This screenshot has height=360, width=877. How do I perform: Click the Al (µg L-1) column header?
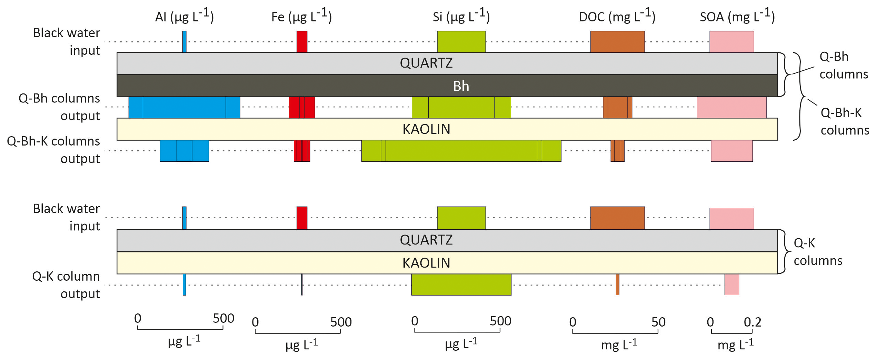185,16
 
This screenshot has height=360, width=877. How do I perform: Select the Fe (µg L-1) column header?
301,16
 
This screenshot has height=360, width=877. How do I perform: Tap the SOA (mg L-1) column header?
737,16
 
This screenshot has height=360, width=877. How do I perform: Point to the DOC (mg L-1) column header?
617,16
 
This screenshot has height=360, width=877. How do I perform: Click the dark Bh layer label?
461,86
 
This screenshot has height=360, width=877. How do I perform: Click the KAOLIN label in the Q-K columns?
426,263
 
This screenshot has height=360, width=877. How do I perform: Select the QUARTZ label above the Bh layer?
426,63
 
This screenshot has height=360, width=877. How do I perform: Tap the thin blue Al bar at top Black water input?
185,42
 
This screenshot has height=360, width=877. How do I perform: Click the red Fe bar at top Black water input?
302,42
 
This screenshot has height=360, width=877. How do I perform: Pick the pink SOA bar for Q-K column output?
731,284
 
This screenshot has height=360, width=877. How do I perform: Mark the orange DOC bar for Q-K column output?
617,284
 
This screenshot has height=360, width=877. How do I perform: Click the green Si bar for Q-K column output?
461,284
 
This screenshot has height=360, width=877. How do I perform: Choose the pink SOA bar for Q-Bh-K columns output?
731,151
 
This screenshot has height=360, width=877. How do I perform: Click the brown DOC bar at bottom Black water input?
617,218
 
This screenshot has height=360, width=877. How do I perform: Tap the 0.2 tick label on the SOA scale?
752,322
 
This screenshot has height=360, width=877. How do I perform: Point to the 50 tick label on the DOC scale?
658,322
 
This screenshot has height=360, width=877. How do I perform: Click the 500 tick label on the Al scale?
223,318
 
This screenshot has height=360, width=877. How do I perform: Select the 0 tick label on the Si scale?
415,321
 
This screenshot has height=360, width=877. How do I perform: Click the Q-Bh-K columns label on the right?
844,121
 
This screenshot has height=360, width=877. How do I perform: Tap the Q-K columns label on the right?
818,252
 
